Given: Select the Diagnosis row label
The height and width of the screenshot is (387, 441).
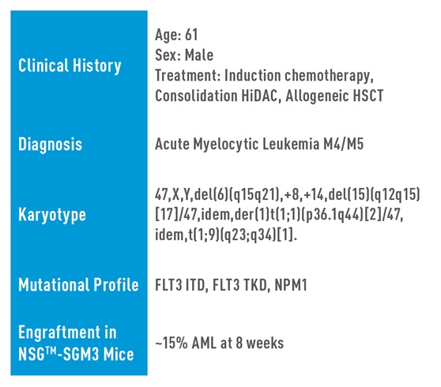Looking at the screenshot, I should click(x=50, y=145).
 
